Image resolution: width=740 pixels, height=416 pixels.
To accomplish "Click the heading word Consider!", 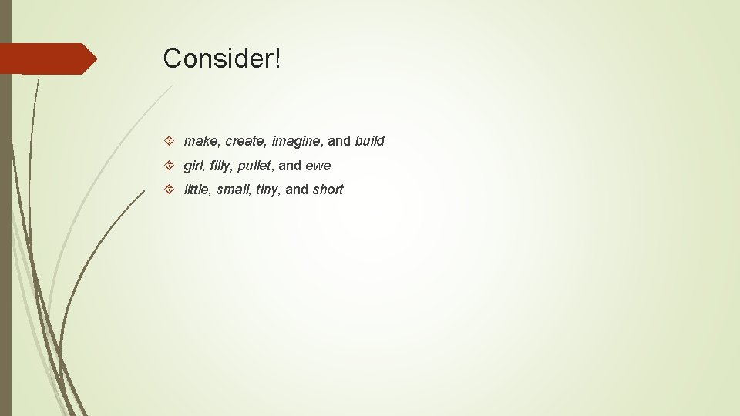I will (x=222, y=58).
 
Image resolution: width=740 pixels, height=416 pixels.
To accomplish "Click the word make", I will (x=200, y=141).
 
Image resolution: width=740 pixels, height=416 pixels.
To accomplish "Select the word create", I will (x=244, y=141).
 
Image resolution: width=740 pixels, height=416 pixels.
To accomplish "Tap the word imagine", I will (x=297, y=142).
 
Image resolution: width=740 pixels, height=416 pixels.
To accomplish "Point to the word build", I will (x=369, y=141).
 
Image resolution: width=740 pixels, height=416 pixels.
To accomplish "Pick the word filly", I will (x=219, y=166).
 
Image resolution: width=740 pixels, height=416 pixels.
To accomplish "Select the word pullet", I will (x=253, y=166).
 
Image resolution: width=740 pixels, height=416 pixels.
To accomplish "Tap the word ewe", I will (x=318, y=166).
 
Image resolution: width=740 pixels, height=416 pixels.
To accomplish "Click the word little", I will (x=196, y=190).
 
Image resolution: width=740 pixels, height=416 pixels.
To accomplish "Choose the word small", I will (x=233, y=190).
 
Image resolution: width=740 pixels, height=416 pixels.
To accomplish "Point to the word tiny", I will (x=266, y=190).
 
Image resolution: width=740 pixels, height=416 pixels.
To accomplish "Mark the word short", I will (x=328, y=190).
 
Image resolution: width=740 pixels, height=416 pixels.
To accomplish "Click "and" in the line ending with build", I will (x=339, y=141).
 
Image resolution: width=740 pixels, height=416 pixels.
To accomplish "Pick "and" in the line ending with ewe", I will (x=290, y=166).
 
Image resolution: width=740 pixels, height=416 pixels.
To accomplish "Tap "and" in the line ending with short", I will (x=297, y=190).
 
